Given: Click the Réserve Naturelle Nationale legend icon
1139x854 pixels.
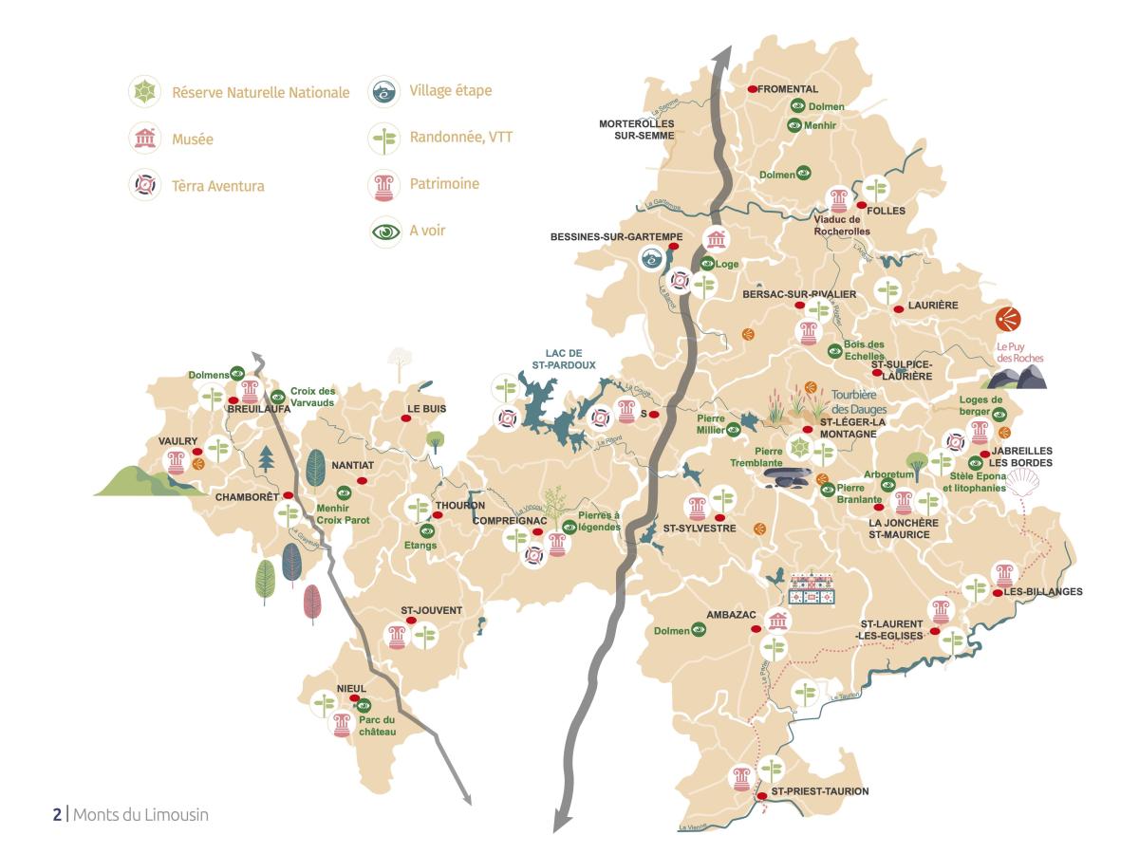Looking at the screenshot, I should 144,92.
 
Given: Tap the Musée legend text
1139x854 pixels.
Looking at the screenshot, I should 193,139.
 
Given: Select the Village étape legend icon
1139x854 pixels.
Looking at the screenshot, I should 384,91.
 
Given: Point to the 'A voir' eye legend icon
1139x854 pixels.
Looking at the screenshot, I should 384,231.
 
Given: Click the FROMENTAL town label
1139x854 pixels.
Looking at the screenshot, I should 788,88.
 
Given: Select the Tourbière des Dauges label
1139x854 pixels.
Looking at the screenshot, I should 859,402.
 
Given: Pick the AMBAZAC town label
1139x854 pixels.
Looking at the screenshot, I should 731,614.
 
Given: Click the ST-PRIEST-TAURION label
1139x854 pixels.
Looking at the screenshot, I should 819,790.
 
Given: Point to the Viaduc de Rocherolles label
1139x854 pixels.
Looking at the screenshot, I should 843,225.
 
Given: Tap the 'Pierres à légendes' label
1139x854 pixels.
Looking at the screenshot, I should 599,521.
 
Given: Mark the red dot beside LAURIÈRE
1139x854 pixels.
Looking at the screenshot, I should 898,309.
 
